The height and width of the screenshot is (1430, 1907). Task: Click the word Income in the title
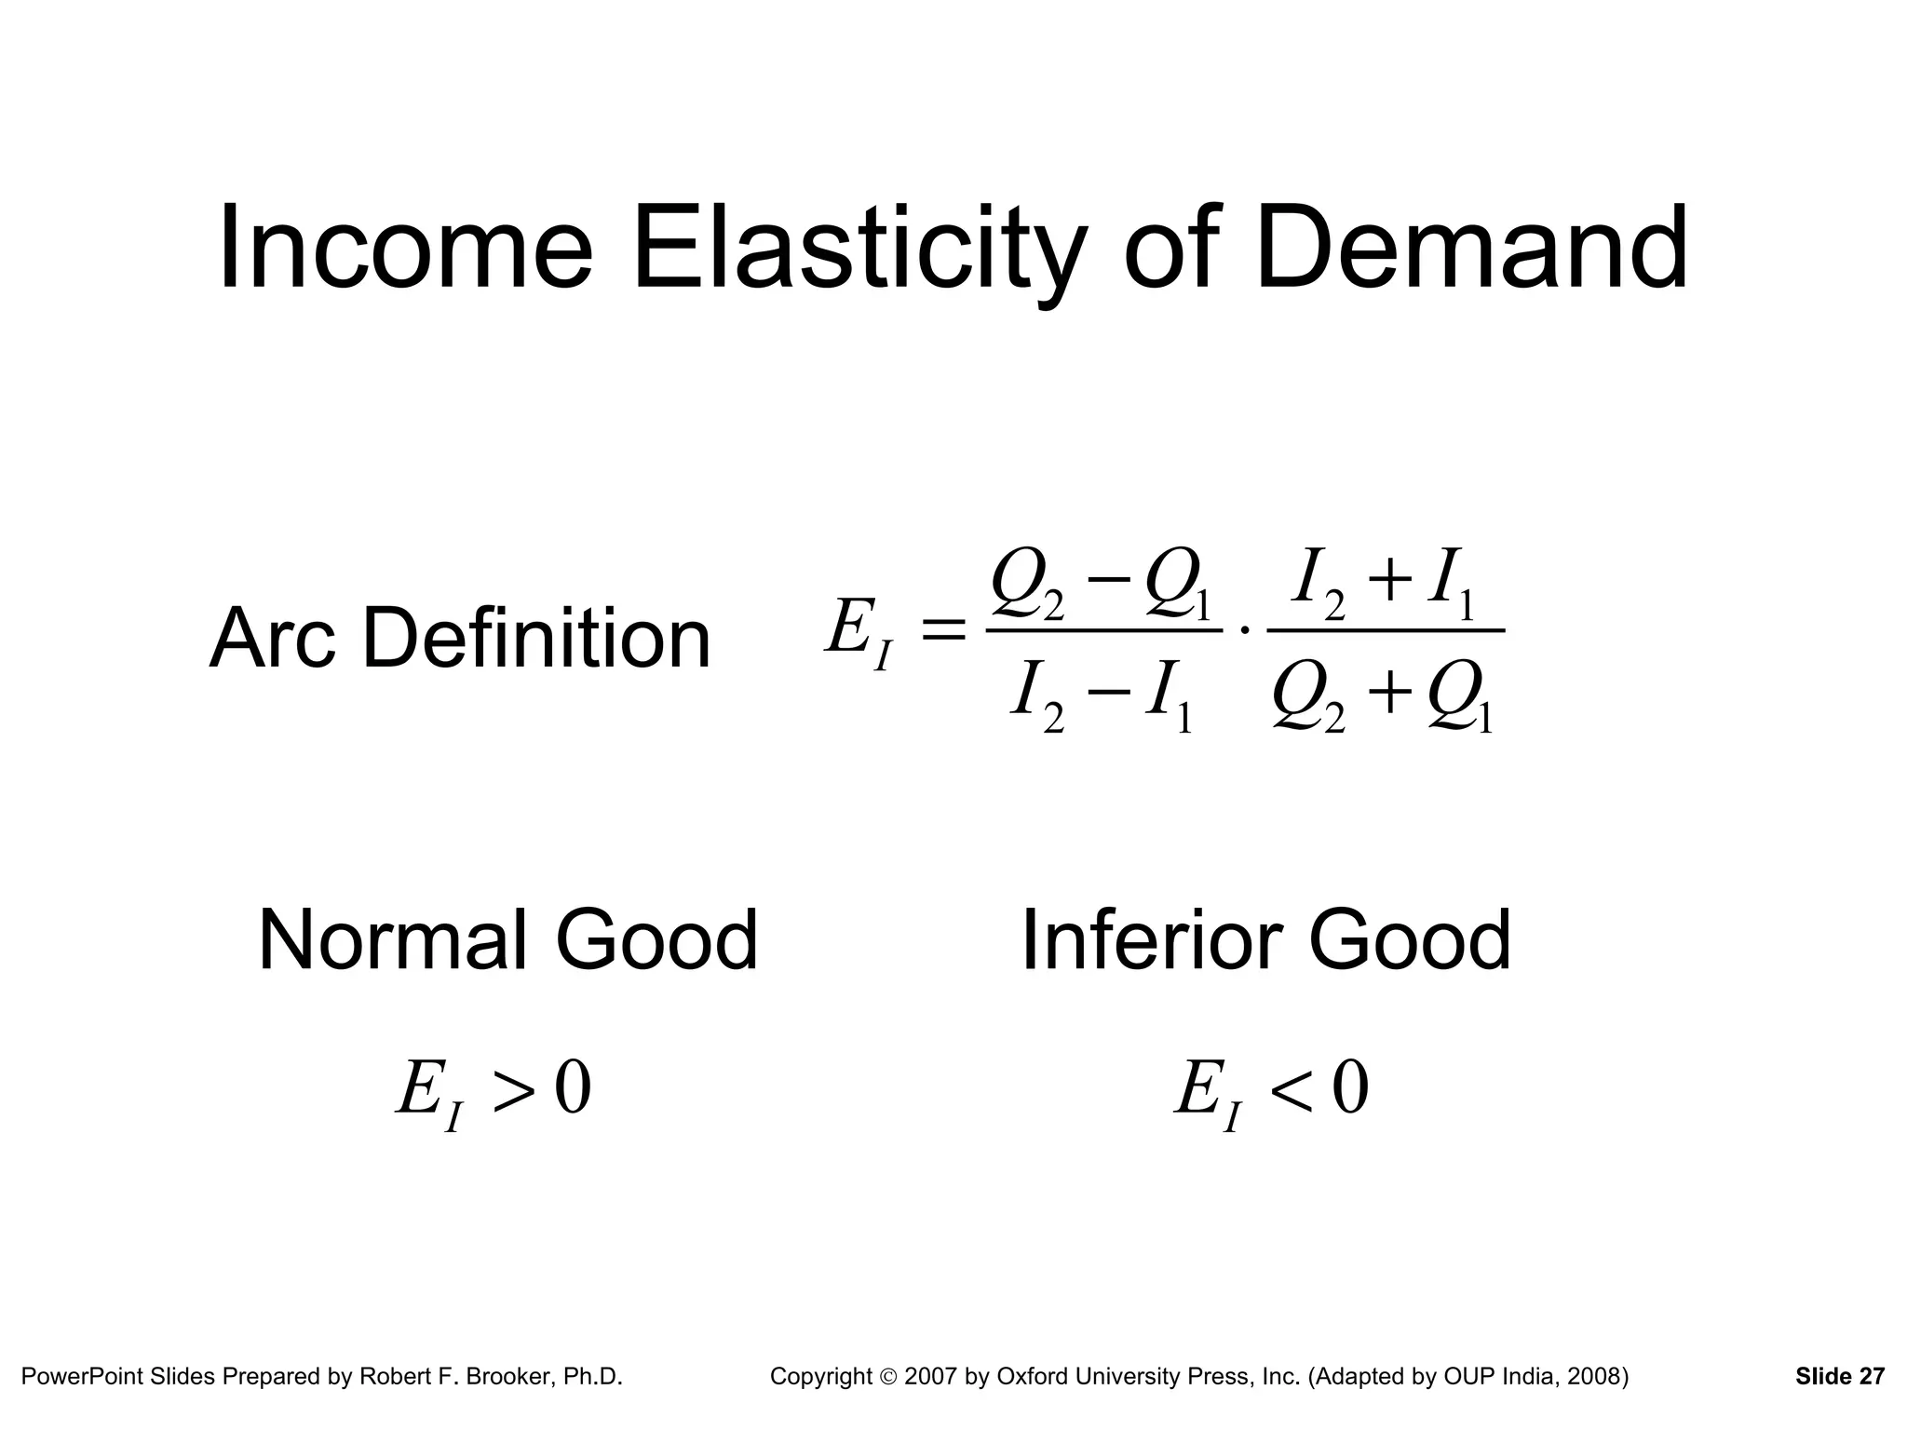coord(405,250)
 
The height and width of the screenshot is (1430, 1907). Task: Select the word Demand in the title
coord(1471,250)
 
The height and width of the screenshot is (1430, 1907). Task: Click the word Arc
coord(272,639)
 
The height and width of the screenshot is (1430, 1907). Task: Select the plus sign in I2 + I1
coord(1387,583)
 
